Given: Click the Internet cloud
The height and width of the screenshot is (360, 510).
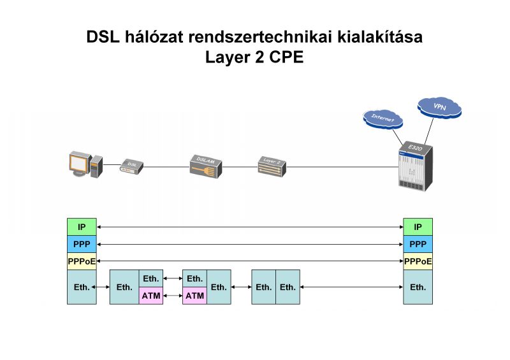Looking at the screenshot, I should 382,118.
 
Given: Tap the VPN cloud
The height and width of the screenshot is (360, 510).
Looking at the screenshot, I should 439,106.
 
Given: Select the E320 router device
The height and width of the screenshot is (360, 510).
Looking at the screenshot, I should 415,166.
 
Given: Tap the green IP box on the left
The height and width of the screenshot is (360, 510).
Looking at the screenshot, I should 82,227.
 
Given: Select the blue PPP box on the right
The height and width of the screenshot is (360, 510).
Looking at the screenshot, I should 418,244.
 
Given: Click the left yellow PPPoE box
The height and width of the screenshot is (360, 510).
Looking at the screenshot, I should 82,261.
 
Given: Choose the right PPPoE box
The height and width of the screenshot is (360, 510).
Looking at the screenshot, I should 418,261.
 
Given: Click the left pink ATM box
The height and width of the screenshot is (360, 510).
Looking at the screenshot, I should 151,296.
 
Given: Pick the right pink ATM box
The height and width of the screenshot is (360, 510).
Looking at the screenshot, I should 195,296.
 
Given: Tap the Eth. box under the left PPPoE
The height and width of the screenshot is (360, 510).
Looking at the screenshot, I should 82,287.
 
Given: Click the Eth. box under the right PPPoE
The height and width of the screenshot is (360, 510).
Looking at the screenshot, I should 418,287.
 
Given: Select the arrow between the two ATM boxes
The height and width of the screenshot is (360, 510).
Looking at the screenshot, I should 173,296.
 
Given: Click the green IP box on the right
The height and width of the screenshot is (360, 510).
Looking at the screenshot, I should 418,227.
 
